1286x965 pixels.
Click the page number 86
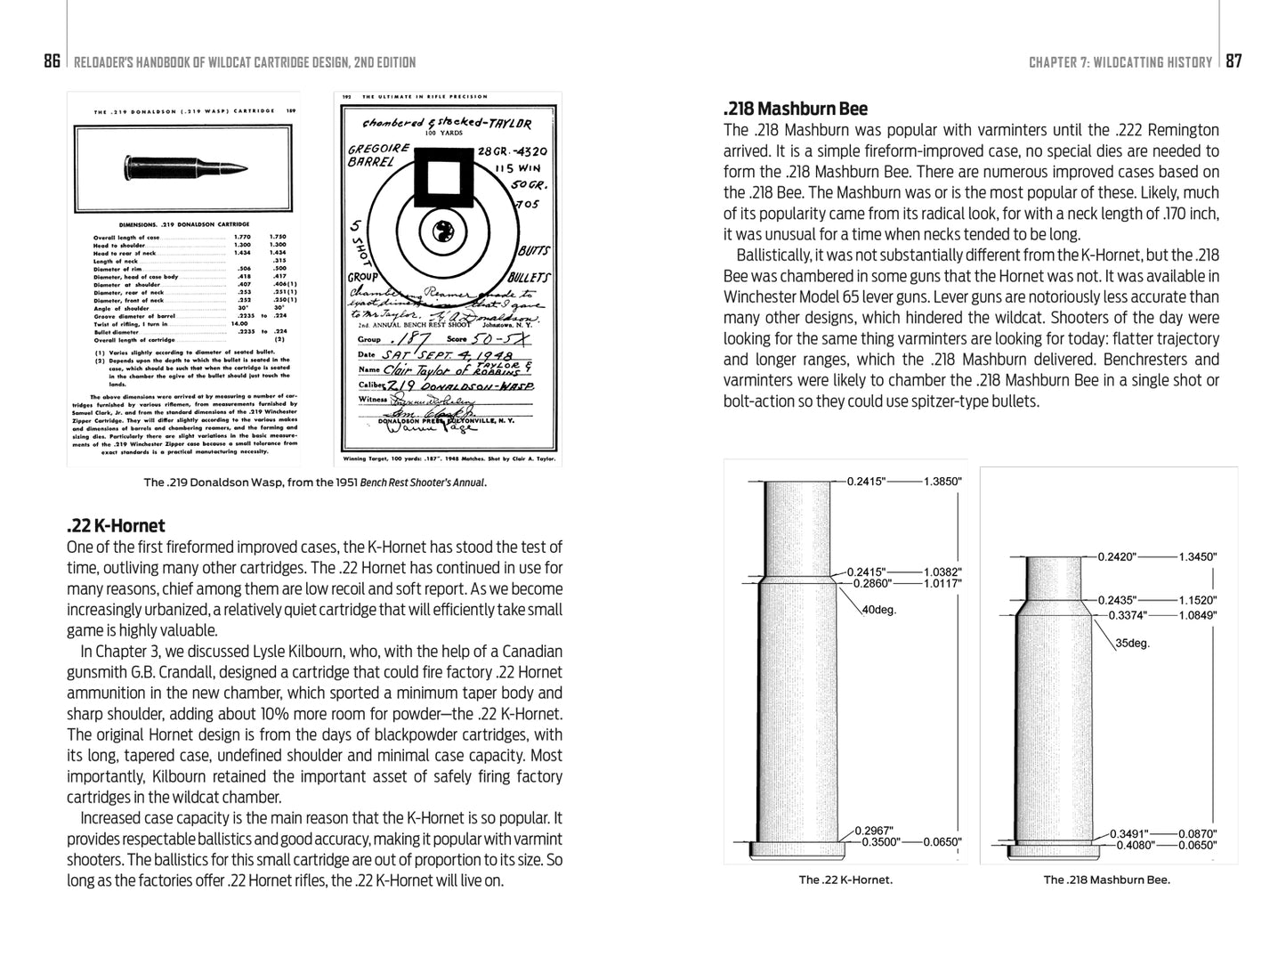[x=52, y=61]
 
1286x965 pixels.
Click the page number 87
[x=1233, y=61]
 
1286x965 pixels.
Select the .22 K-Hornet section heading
[x=116, y=526]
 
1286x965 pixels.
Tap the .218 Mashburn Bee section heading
[x=795, y=109]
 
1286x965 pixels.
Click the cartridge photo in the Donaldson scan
[x=185, y=166]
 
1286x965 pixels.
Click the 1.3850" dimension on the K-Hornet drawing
[x=942, y=481]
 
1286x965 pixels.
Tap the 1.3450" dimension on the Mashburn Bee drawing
[x=1197, y=556]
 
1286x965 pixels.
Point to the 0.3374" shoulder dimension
[x=1128, y=614]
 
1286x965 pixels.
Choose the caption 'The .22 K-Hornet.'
[x=845, y=880]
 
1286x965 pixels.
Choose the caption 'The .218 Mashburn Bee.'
[x=1106, y=880]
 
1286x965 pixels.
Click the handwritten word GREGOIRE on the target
[x=379, y=148]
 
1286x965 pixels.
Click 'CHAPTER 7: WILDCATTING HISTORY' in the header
[x=1120, y=62]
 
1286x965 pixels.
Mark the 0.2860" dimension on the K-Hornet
[x=871, y=583]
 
